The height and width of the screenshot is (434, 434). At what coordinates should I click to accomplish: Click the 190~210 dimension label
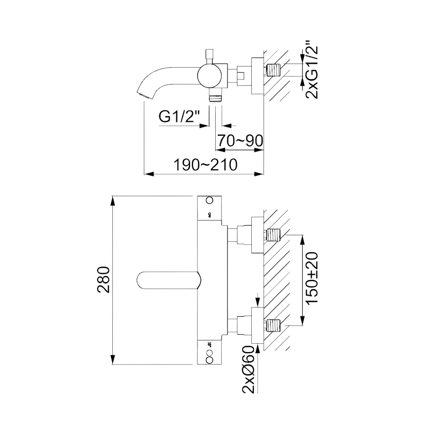205,165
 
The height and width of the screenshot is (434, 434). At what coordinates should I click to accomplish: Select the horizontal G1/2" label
179,116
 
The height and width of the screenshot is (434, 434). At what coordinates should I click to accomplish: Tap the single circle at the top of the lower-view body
210,201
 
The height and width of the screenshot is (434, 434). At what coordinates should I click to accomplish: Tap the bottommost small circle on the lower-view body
210,360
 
